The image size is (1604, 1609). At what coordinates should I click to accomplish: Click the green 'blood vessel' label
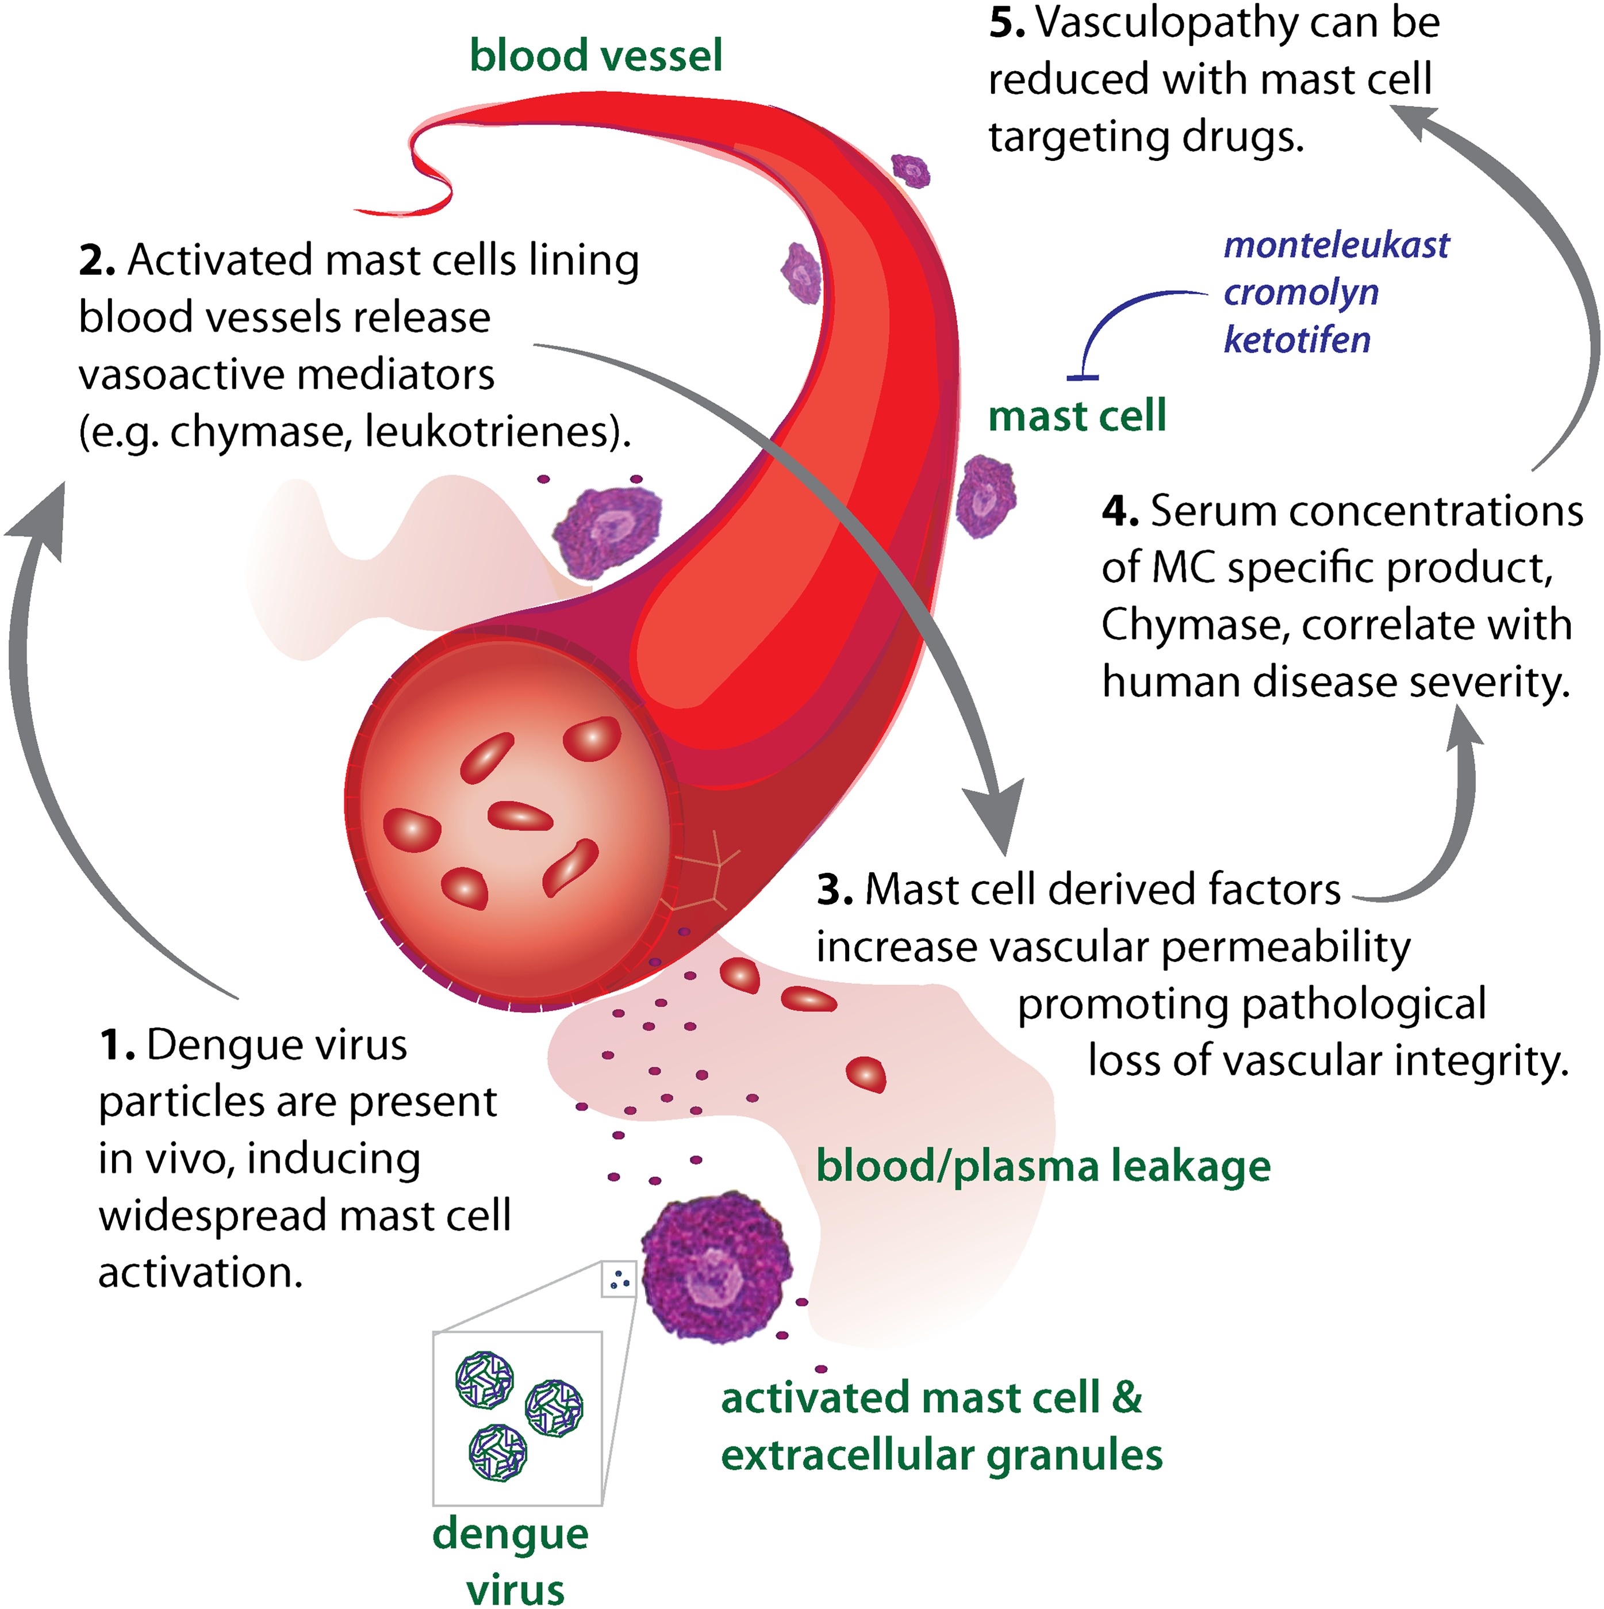coord(596,56)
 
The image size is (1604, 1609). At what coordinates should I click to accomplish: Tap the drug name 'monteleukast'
coord(1336,245)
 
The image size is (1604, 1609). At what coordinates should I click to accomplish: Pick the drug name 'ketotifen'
coord(1296,340)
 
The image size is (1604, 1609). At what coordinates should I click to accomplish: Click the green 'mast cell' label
coord(1077,416)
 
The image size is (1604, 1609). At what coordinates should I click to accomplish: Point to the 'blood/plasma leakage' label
coord(1043,1166)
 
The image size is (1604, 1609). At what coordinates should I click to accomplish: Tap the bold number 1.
coord(115,1046)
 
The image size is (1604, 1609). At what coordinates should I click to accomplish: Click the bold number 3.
coord(833,890)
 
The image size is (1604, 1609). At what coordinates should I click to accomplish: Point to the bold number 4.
coord(1118,511)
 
